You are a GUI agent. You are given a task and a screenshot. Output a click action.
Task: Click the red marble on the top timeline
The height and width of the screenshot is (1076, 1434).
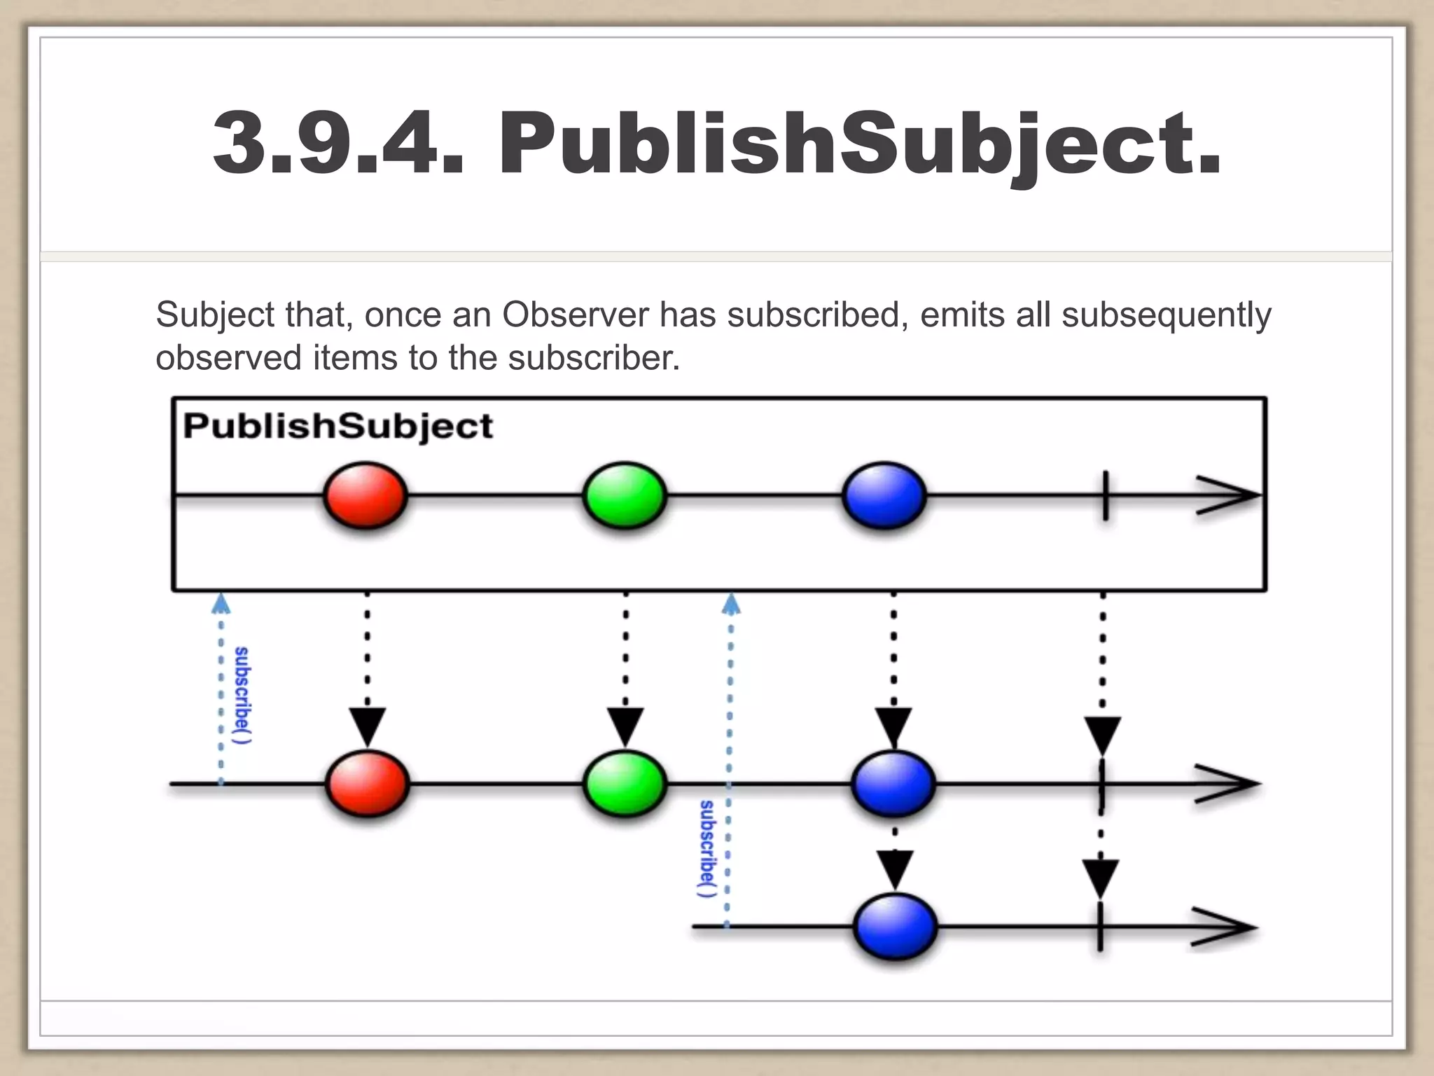[x=365, y=495]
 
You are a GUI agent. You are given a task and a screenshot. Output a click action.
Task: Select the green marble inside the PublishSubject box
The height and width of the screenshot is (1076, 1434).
[x=625, y=495]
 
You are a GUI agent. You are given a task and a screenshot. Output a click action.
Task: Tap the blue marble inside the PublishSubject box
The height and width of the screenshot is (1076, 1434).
[x=884, y=495]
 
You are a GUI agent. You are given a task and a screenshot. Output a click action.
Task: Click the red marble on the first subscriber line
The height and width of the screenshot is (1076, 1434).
[x=367, y=784]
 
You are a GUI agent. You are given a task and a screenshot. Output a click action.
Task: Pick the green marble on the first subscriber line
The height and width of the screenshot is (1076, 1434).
[x=625, y=784]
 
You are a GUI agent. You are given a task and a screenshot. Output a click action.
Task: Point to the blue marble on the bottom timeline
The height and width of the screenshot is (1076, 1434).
[x=896, y=927]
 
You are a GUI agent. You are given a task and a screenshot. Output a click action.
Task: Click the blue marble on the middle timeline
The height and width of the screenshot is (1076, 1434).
[x=893, y=784]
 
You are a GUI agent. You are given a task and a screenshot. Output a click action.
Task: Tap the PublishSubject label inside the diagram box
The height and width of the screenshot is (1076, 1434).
[x=337, y=426]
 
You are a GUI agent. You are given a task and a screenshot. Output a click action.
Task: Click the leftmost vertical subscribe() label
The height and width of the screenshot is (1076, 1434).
[x=242, y=695]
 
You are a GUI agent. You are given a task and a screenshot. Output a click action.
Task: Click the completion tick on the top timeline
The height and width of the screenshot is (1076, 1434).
[x=1105, y=495]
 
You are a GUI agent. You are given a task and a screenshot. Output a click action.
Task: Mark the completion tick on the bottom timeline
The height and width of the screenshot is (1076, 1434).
[x=1100, y=927]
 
